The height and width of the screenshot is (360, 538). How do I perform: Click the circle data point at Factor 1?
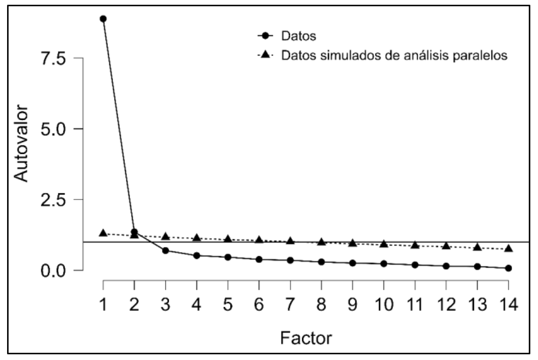point(103,19)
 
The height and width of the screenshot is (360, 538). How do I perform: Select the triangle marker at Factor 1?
point(103,233)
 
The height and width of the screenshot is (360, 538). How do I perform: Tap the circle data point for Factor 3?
point(166,250)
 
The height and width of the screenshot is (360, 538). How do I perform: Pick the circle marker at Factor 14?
point(509,268)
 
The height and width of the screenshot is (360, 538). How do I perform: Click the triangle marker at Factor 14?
point(509,249)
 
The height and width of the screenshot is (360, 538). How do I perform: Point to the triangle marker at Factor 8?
point(321,242)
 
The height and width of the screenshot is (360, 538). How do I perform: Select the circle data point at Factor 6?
point(259,259)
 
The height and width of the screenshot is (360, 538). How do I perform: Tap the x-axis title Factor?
point(306,338)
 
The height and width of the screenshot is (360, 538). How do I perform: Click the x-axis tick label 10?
point(384,304)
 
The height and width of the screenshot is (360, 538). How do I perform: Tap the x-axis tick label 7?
point(290,304)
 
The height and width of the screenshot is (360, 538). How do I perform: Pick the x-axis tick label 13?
point(477,304)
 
